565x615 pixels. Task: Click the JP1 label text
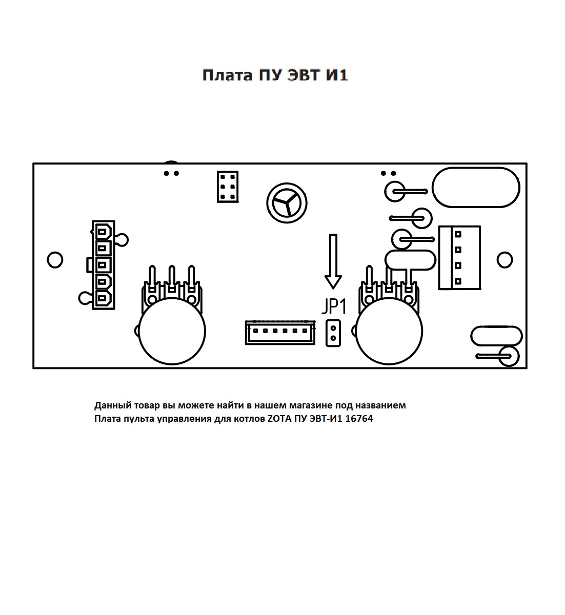(x=334, y=307)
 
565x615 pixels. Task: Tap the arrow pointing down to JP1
(x=333, y=261)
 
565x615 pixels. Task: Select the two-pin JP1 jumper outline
(x=333, y=333)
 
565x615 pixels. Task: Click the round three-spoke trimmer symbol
(x=287, y=203)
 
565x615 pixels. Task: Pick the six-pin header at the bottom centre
(x=280, y=333)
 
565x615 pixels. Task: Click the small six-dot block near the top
(x=228, y=187)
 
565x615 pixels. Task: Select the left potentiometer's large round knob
(x=172, y=332)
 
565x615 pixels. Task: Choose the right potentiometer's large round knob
(x=389, y=332)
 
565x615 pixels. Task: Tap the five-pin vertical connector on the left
(x=103, y=265)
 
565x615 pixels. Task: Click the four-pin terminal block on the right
(x=459, y=258)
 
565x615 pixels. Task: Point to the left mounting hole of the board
(x=55, y=260)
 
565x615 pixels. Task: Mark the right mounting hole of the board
(x=505, y=260)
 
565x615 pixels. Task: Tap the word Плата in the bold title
(x=227, y=75)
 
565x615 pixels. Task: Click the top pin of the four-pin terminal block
(x=458, y=234)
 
